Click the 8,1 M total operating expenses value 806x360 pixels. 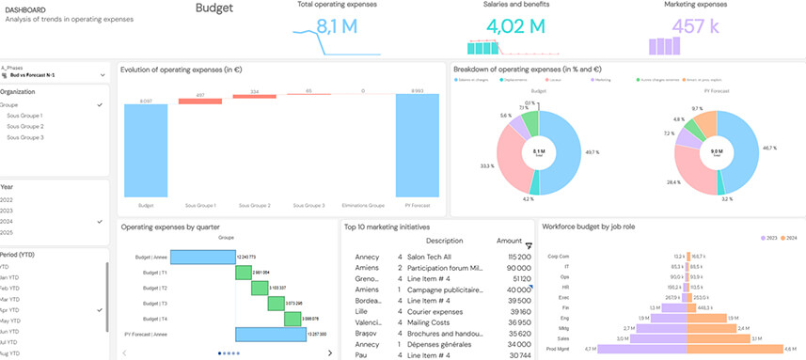point(336,27)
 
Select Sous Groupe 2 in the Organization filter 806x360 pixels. point(25,126)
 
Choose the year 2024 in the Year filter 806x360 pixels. point(8,221)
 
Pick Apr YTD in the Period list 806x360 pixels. point(9,309)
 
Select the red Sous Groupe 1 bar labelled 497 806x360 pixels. point(200,102)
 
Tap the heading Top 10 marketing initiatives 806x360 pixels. point(396,227)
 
